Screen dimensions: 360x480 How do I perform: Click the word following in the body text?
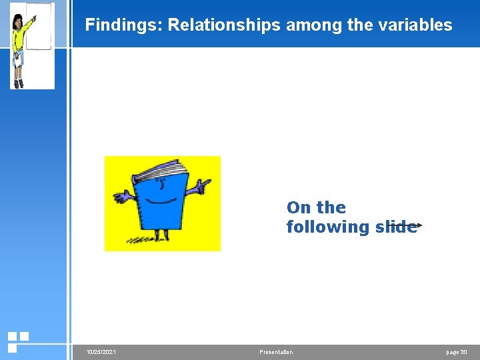[328, 227]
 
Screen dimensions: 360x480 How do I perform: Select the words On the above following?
[316, 207]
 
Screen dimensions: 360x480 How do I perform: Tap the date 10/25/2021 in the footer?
[101, 352]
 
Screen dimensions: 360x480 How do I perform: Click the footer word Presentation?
[275, 352]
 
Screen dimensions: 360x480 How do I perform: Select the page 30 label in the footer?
[457, 352]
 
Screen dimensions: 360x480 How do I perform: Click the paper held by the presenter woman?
[18, 61]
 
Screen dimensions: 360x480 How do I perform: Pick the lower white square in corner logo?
[12, 347]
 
